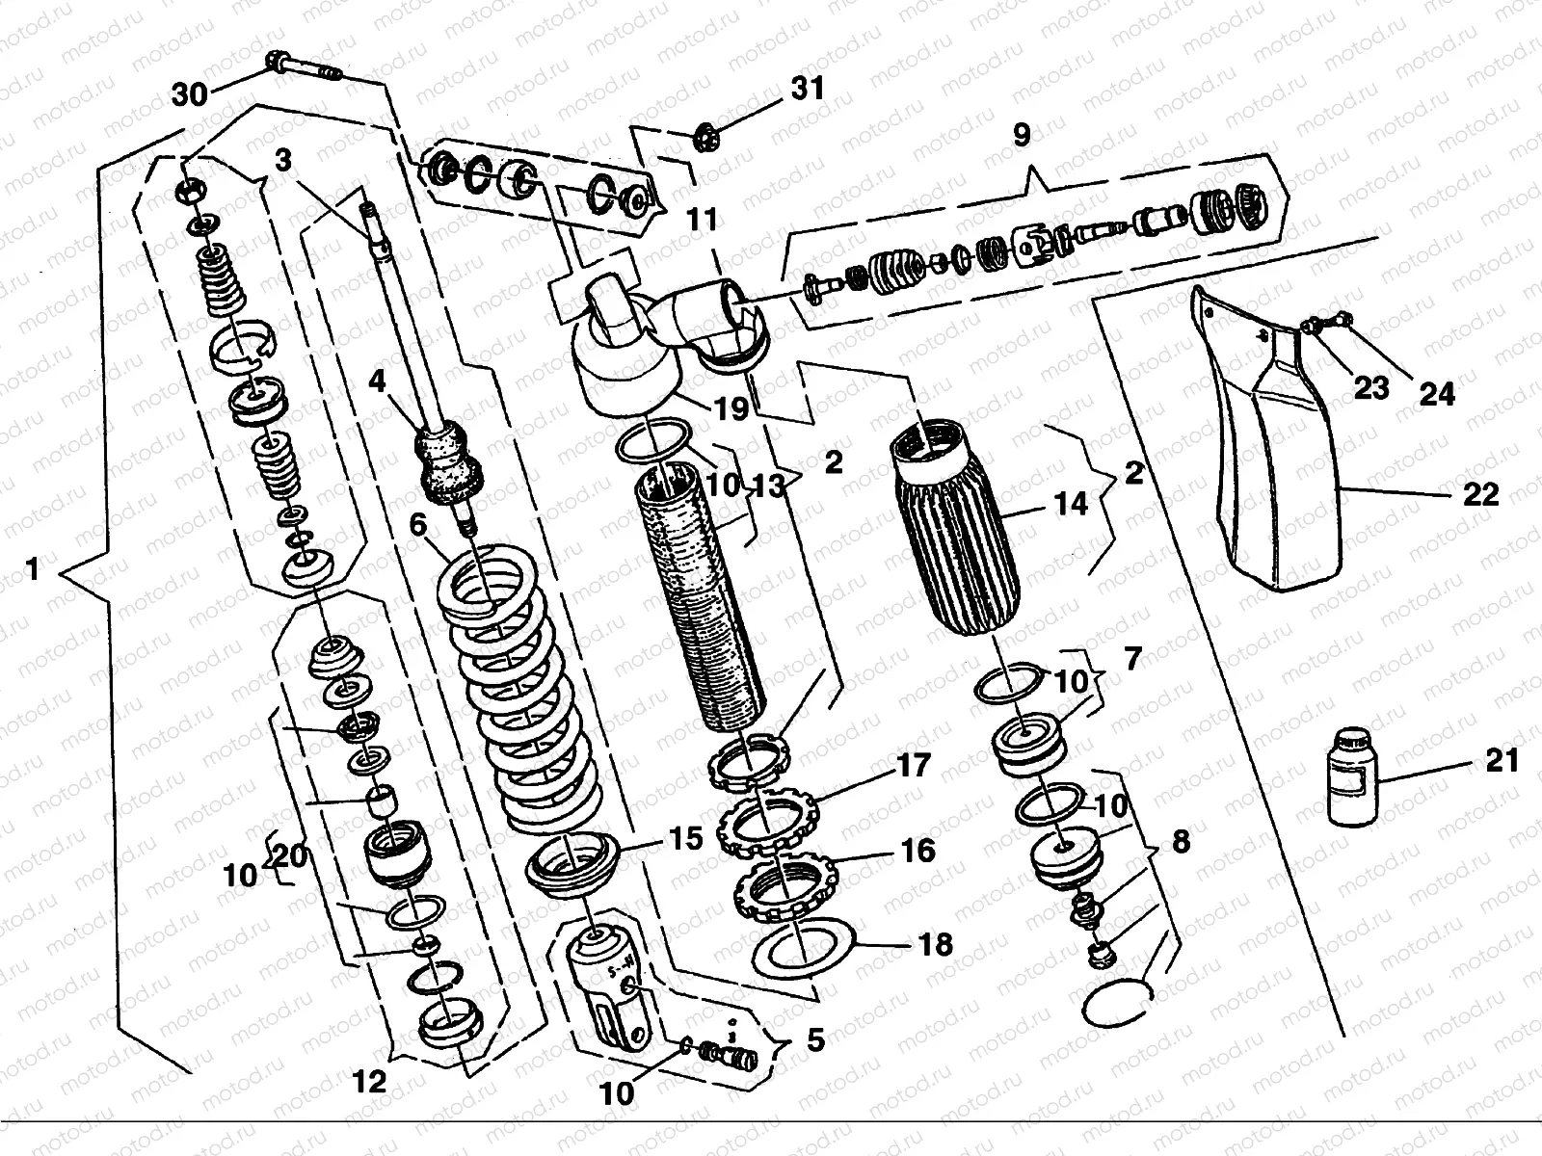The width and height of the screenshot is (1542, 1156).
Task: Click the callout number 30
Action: (x=190, y=93)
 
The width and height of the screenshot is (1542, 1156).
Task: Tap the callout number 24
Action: (x=1434, y=392)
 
